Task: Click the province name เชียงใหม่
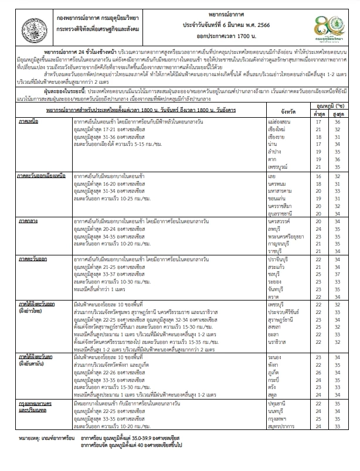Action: coord(277,114)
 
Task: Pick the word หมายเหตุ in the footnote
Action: coord(30,454)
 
